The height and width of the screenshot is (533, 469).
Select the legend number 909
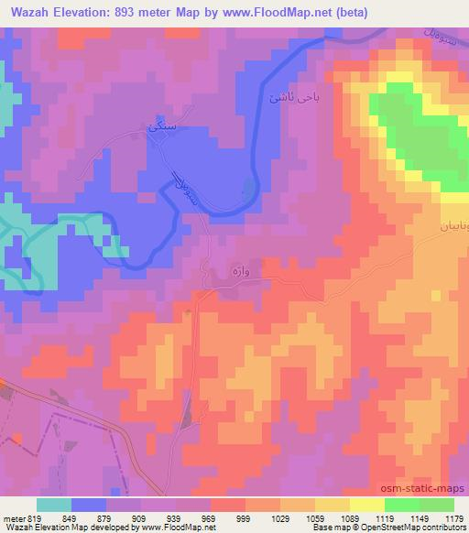click(x=140, y=517)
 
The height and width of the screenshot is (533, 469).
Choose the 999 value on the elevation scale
click(x=245, y=517)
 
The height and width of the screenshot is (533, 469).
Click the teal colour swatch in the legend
click(x=53, y=505)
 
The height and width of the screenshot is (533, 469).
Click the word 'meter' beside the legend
click(x=12, y=517)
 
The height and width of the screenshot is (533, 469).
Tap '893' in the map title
click(x=128, y=8)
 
